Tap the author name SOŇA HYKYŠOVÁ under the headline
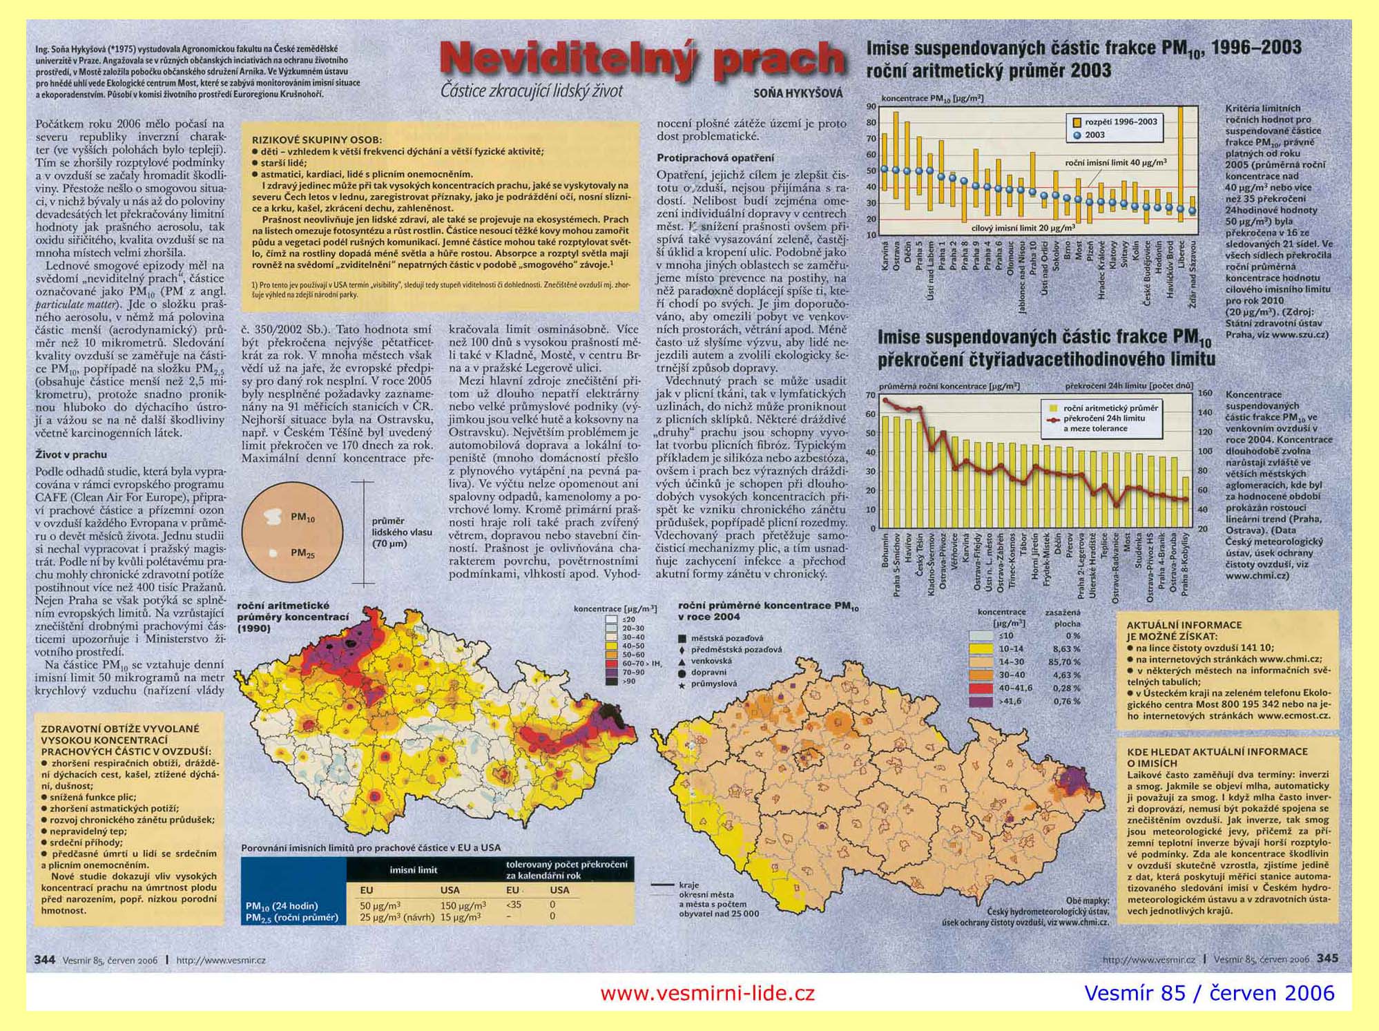click(x=798, y=94)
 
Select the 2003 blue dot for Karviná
click(x=885, y=169)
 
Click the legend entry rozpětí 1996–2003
click(x=1120, y=122)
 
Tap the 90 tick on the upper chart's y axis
click(x=871, y=106)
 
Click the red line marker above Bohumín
click(x=886, y=400)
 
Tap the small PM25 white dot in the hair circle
click(x=273, y=553)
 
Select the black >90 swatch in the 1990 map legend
click(x=611, y=681)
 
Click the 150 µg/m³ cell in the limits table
click(x=462, y=905)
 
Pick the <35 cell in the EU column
click(x=514, y=905)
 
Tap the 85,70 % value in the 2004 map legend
click(x=1066, y=662)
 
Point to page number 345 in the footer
click(x=1327, y=958)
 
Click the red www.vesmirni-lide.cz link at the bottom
click(x=707, y=993)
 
